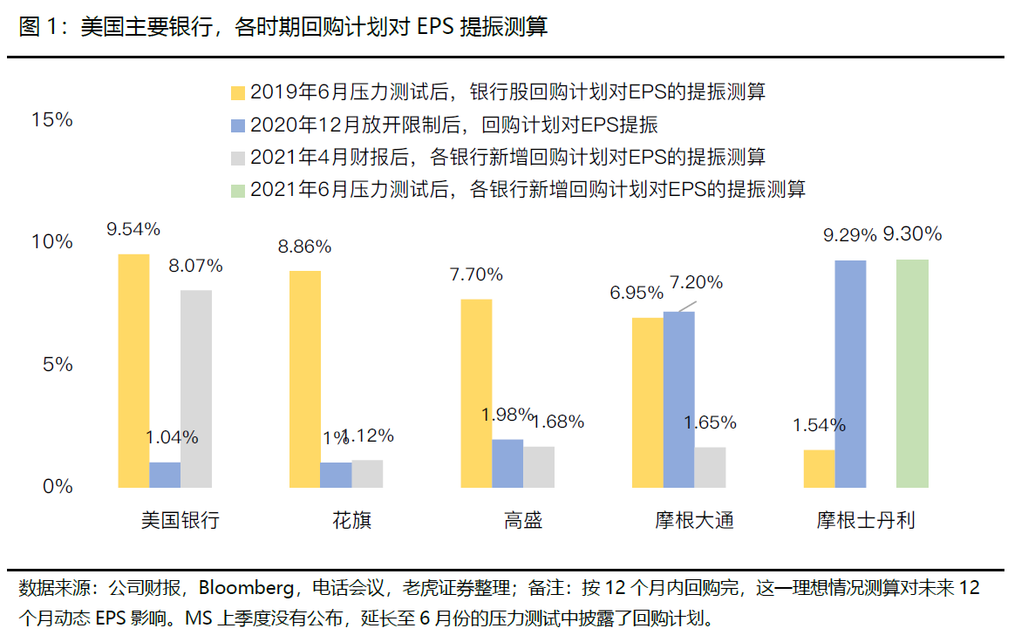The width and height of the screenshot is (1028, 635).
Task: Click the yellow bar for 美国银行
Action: click(x=133, y=370)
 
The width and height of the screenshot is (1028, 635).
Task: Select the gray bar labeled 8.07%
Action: click(x=196, y=388)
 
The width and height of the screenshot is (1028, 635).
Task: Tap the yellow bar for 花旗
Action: click(x=305, y=379)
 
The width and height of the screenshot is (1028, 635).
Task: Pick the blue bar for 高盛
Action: click(x=507, y=463)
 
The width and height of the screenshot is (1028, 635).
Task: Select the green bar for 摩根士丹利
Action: click(x=912, y=373)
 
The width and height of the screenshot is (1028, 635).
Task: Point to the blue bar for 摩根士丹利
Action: click(x=850, y=373)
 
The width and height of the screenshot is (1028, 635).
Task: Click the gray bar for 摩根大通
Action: click(x=710, y=467)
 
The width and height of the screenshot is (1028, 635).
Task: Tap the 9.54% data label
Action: click(x=133, y=229)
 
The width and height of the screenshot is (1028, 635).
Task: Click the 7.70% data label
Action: click(x=476, y=274)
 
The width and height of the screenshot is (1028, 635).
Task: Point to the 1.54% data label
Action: click(x=819, y=425)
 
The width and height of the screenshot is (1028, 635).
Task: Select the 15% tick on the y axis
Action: click(x=52, y=120)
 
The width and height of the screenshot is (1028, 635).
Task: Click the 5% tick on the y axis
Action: click(x=58, y=364)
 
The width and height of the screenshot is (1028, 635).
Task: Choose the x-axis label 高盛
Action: click(x=523, y=521)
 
